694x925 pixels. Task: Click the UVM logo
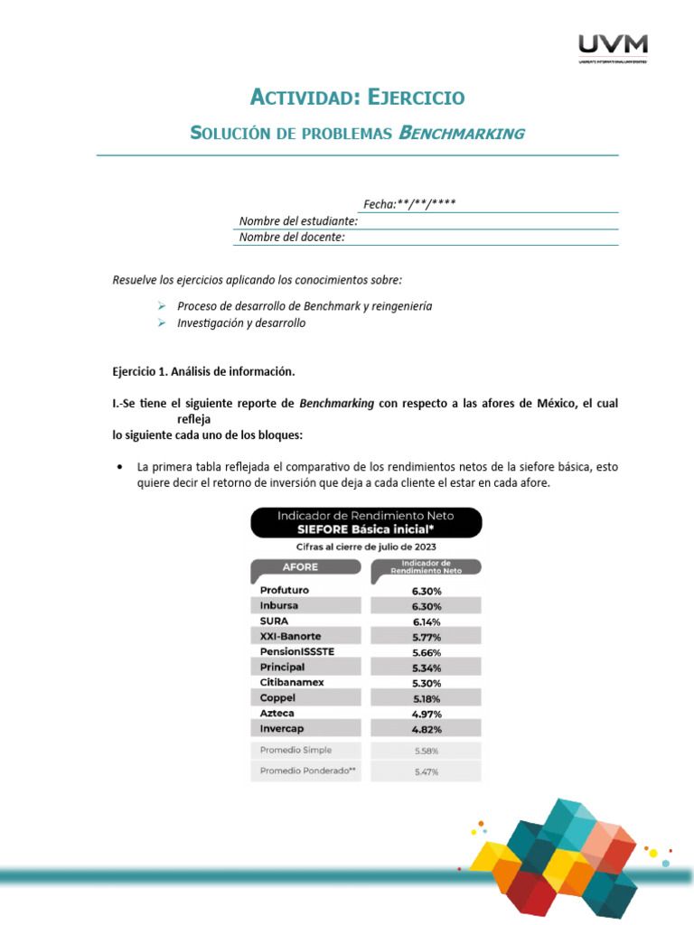pos(613,46)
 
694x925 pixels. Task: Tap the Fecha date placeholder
pos(408,204)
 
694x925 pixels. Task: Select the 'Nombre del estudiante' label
pos(298,221)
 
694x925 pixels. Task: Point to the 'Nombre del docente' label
pos(292,238)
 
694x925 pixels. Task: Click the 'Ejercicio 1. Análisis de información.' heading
pos(203,371)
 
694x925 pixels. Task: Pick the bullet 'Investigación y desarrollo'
pos(241,322)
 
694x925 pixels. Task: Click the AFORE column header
pos(301,567)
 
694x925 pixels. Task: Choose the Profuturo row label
pos(285,590)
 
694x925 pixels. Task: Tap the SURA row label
pos(275,621)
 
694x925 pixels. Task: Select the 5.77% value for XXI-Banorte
pos(427,637)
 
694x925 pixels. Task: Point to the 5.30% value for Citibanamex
pos(427,683)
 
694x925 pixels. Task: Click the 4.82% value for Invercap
pos(427,729)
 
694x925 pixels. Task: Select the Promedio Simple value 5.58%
pos(427,751)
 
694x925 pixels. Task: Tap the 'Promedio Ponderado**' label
pos(302,771)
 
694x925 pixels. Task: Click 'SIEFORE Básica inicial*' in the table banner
pos(366,530)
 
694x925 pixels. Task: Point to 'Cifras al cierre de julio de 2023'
pos(366,547)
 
